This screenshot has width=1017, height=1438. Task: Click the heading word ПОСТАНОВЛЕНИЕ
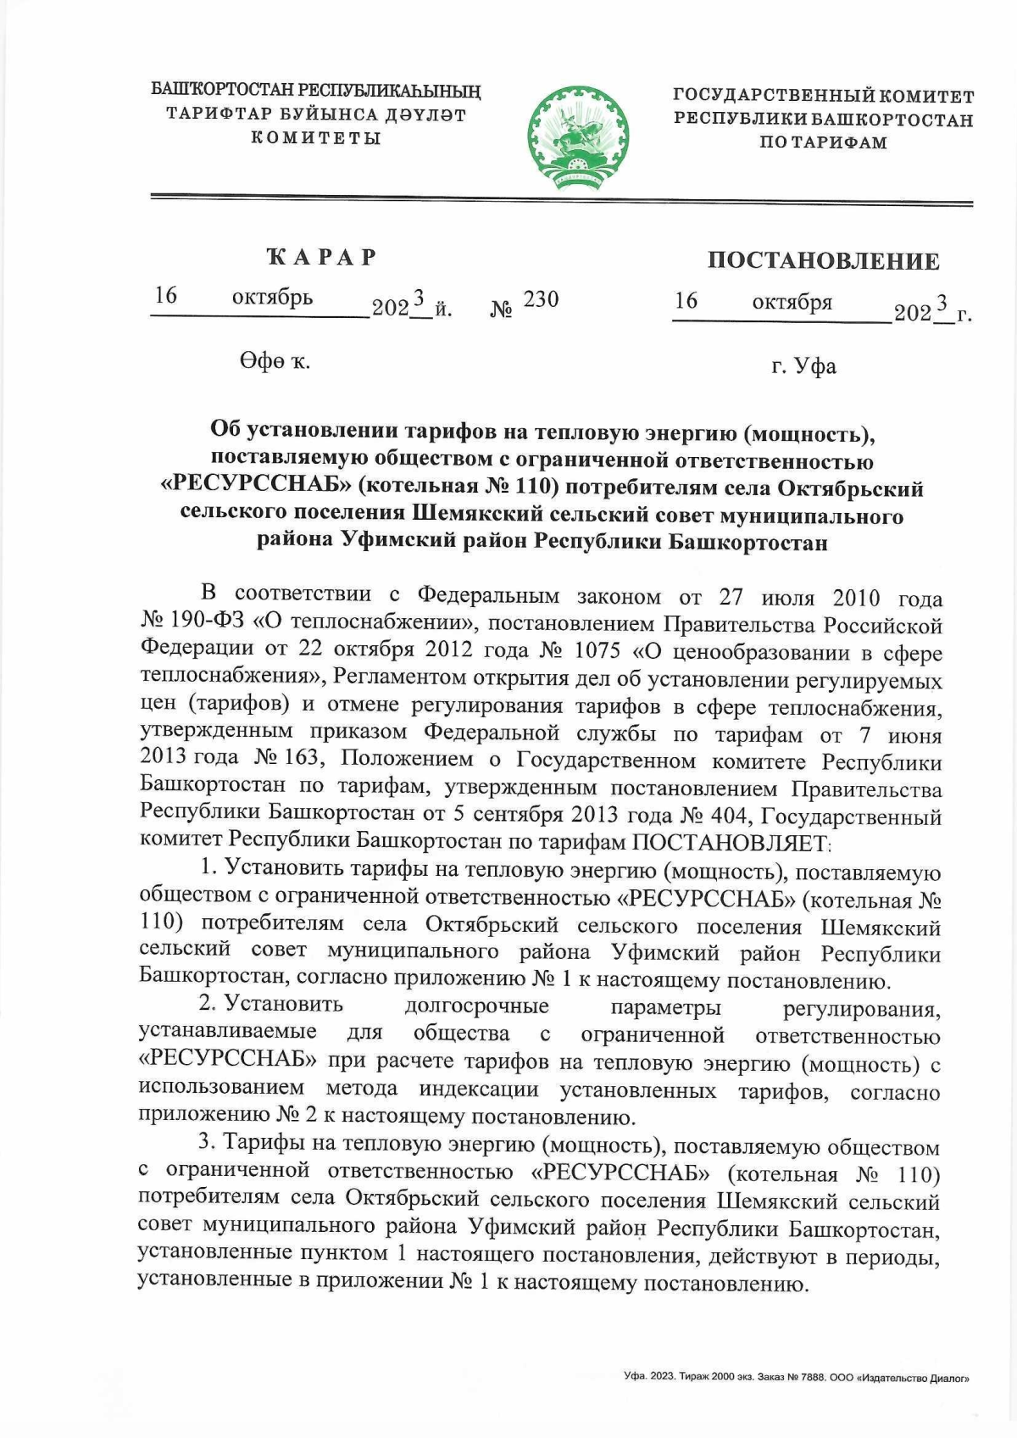pyautogui.click(x=823, y=260)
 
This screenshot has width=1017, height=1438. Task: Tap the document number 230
pyautogui.click(x=541, y=299)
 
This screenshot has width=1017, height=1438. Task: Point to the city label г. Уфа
pyautogui.click(x=803, y=366)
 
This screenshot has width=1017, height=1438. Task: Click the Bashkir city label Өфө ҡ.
pyautogui.click(x=274, y=361)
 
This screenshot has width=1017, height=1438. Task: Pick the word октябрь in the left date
pyautogui.click(x=272, y=298)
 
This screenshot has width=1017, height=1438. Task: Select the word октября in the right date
pyautogui.click(x=792, y=302)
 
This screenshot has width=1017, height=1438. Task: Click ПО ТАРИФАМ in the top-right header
pyautogui.click(x=823, y=142)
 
